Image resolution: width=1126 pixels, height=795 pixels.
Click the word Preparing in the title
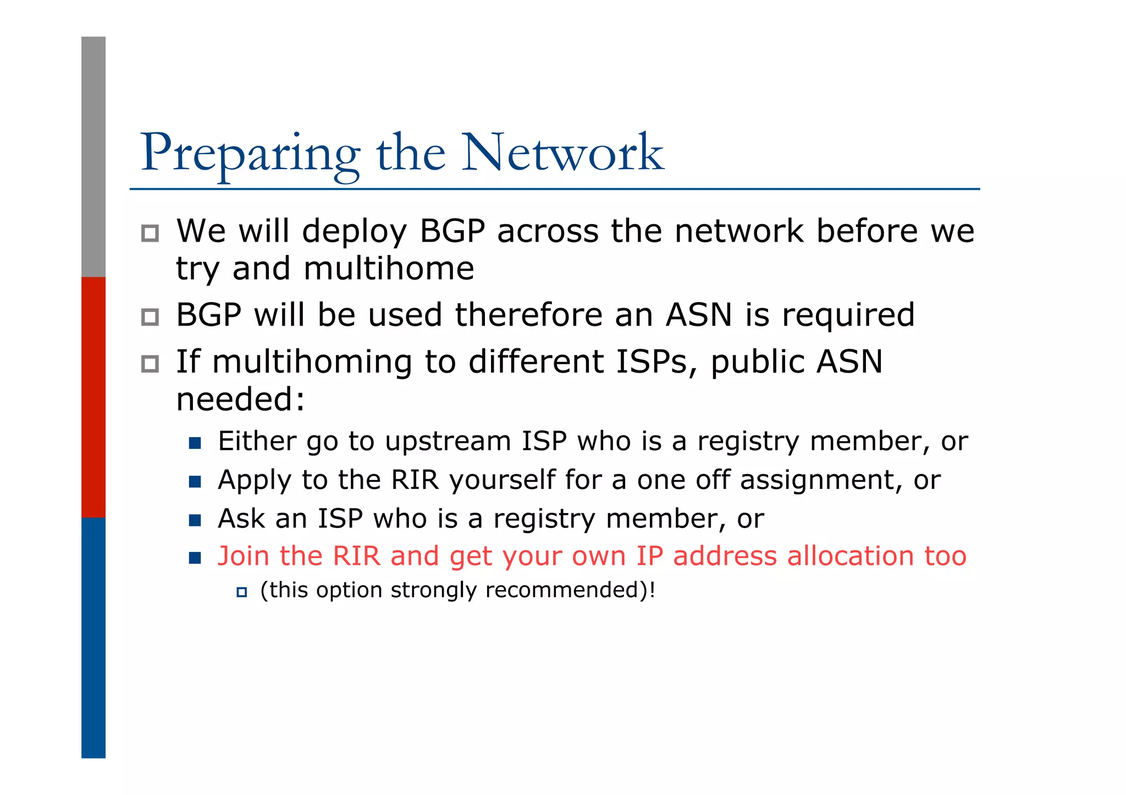click(x=250, y=154)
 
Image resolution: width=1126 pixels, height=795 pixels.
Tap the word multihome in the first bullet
click(x=388, y=269)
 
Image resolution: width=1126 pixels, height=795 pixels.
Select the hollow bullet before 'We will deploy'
click(x=150, y=234)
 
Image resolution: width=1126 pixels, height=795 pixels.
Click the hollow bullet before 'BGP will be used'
click(x=150, y=317)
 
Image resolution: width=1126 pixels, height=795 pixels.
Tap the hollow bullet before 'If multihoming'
click(x=150, y=364)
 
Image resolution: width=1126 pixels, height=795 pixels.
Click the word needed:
click(x=240, y=399)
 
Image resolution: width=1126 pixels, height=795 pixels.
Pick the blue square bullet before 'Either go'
click(x=195, y=443)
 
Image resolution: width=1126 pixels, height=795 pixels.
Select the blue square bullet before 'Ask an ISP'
click(x=195, y=520)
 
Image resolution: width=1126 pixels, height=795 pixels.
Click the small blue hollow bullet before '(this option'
click(x=241, y=592)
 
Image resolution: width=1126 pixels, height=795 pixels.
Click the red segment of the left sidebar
click(x=93, y=397)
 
